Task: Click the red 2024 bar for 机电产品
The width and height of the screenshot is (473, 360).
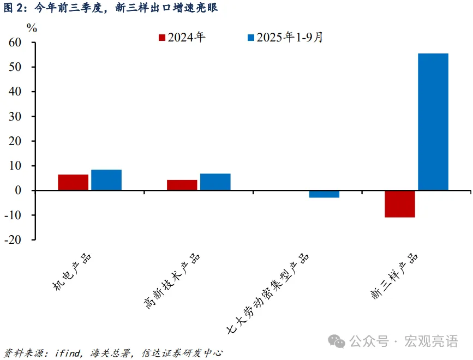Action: (x=73, y=182)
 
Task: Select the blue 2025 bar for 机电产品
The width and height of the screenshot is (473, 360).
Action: (x=106, y=180)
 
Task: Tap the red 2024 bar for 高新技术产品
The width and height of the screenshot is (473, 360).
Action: (x=182, y=185)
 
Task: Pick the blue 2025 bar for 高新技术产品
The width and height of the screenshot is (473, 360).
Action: (x=215, y=182)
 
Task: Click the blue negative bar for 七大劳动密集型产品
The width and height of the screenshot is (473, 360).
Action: (x=324, y=194)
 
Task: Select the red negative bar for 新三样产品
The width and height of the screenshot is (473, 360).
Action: (x=400, y=204)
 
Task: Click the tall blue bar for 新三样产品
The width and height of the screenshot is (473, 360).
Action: (x=433, y=122)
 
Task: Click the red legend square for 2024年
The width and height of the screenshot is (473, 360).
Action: (x=162, y=38)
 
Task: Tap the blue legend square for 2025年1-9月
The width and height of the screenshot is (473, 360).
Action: (x=251, y=38)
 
